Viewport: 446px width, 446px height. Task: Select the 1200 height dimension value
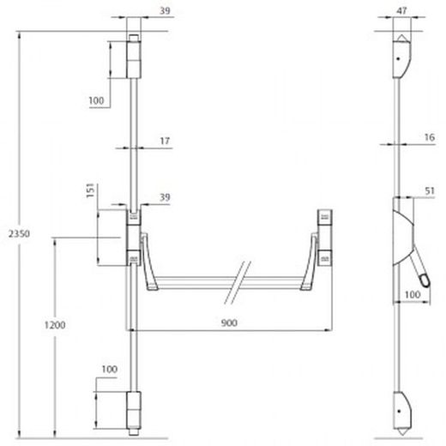click(x=57, y=326)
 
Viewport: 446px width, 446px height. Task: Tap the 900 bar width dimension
click(x=229, y=322)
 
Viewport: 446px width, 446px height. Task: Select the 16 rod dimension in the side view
click(x=426, y=136)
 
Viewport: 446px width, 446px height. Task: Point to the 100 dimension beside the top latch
click(x=96, y=101)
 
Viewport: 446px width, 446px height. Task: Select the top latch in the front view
click(x=134, y=56)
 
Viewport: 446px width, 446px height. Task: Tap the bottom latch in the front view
click(x=134, y=410)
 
